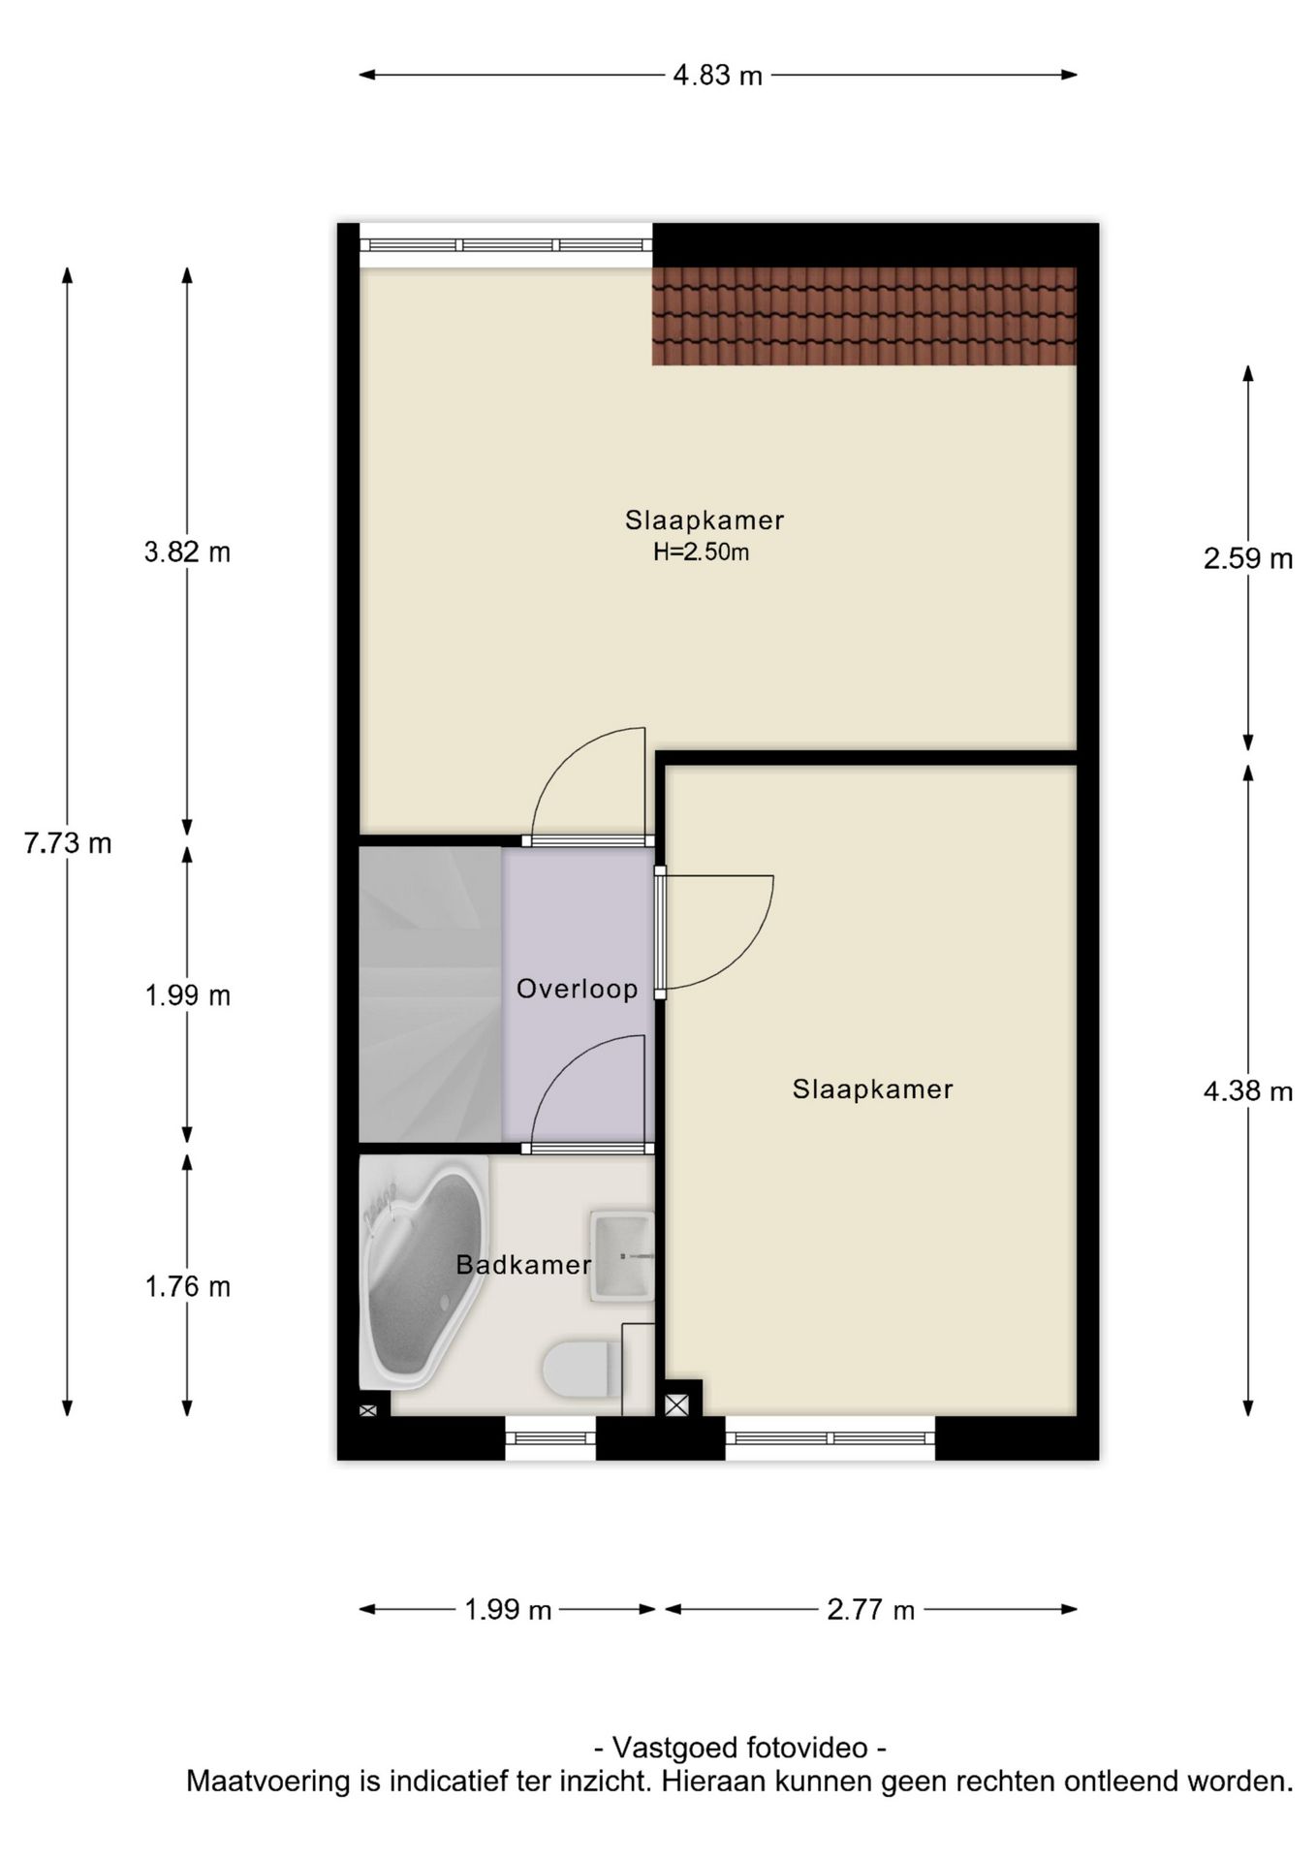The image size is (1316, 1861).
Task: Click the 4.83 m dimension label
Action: (717, 76)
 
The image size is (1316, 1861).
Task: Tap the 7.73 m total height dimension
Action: (68, 843)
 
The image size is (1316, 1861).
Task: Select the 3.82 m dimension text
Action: (187, 552)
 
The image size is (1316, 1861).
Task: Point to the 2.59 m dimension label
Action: (1248, 559)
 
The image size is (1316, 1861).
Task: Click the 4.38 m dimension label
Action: (1248, 1092)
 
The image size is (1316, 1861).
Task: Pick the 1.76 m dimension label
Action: (187, 1287)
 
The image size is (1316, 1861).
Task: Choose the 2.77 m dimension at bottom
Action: (870, 1610)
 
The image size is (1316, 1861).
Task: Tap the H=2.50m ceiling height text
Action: (701, 553)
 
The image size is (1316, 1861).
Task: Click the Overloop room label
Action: (577, 989)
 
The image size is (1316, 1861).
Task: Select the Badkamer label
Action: (523, 1265)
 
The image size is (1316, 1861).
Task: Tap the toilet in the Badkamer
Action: (580, 1369)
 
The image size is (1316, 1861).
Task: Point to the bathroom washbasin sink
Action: (620, 1255)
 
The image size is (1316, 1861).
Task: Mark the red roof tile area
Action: (862, 316)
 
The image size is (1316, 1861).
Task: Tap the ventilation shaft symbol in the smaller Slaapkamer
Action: (676, 1404)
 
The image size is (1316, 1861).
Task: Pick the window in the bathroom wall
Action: (549, 1438)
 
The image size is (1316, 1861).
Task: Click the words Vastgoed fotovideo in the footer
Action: (738, 1748)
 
